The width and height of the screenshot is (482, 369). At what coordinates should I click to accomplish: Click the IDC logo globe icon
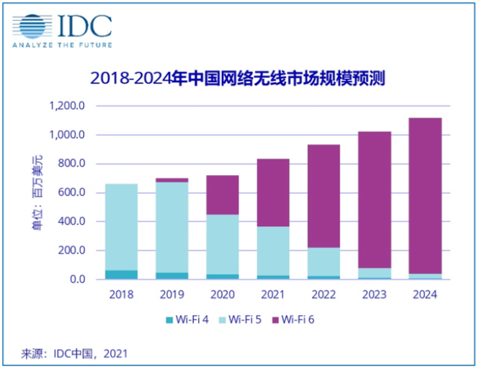tap(34, 25)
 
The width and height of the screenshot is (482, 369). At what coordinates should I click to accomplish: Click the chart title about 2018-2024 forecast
tap(240, 78)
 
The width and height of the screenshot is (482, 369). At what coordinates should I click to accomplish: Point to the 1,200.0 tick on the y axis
tap(68, 106)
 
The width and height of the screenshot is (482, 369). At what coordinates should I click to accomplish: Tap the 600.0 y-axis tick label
tap(71, 192)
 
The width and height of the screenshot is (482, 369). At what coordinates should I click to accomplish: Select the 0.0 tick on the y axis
tap(77, 279)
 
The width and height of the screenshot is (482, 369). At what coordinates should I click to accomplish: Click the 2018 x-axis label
tap(121, 294)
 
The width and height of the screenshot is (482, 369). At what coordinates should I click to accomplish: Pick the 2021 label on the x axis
tap(273, 294)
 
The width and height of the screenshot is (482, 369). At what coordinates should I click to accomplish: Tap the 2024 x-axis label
tap(425, 294)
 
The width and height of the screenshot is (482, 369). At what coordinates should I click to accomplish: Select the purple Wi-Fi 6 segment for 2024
tap(425, 195)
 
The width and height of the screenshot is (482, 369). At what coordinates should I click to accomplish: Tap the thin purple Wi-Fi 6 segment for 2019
tap(171, 180)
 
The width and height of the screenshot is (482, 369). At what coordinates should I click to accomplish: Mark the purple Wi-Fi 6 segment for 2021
tap(273, 192)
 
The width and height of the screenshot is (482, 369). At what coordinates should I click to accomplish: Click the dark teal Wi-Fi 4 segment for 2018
tap(121, 275)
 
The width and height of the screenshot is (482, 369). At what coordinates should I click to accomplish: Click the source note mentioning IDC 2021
tap(75, 353)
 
